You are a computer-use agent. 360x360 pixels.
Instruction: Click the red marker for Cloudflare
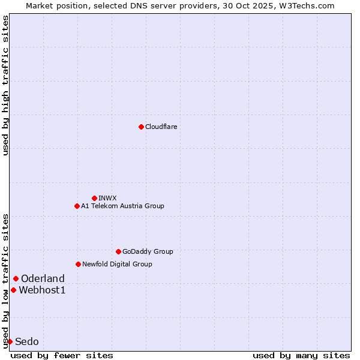coord(141,127)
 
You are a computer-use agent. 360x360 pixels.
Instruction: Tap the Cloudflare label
coord(161,127)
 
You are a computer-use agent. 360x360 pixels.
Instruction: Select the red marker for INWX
coord(94,198)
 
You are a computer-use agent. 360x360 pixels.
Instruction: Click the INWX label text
coord(108,198)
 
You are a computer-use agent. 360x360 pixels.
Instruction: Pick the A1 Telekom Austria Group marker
coord(77,206)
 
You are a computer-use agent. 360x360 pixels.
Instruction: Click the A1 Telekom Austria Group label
coord(122,206)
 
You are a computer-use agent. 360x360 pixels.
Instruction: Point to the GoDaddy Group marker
coord(118,251)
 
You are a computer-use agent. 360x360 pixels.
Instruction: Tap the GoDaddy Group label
coord(148,251)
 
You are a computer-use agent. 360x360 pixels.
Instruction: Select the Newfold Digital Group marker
coord(78,264)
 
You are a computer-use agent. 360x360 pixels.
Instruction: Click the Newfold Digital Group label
coord(117,264)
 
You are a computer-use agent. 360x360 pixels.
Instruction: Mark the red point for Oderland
coord(16,278)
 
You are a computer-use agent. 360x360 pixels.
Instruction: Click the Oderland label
coord(43,278)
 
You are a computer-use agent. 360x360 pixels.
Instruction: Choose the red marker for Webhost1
coord(13,290)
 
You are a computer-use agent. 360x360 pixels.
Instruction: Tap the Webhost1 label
coord(42,290)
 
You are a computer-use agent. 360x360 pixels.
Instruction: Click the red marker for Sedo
coord(10,341)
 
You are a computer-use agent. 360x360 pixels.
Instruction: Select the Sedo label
coord(27,342)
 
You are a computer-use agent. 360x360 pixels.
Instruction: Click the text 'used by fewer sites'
coord(62,355)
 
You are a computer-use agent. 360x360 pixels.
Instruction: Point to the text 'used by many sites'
coord(301,355)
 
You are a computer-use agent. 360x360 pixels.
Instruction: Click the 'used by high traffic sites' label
coord(5,85)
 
